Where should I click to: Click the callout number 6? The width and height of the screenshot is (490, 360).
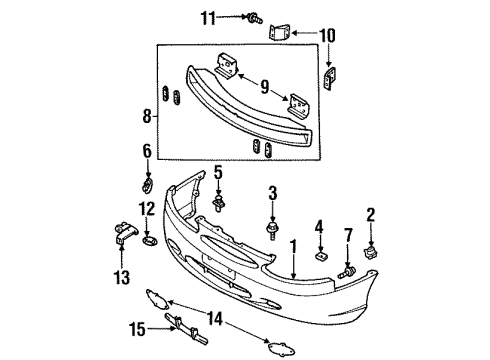click(146, 152)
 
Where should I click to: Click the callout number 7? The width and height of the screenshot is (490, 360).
click(349, 236)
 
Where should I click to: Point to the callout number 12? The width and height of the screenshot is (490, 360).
click(146, 209)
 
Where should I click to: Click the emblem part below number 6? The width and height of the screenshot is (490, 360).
click(147, 185)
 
